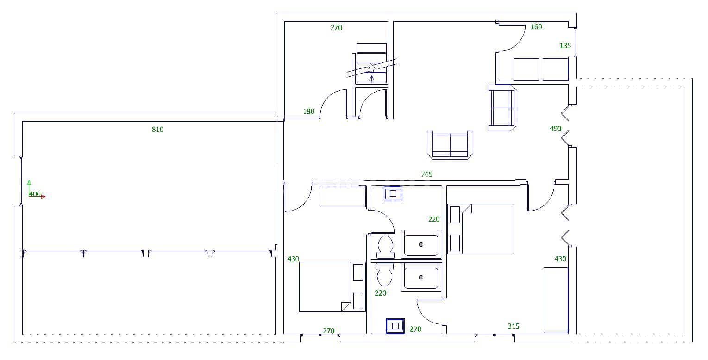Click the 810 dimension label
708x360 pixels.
coord(157,130)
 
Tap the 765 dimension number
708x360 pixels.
coord(426,174)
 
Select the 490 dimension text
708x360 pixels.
coord(555,129)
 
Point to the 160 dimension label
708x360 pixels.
coord(536,27)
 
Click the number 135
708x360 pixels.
coord(565,46)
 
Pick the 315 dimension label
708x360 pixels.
coord(513,326)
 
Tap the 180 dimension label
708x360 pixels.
coord(308,112)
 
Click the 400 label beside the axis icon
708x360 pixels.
coord(35,194)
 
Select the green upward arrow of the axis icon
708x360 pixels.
coord(29,183)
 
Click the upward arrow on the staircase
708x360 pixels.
coord(371,77)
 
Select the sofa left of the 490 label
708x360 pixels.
coord(502,108)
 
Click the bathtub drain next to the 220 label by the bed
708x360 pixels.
coord(421,244)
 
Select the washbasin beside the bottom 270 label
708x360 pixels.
coord(395,325)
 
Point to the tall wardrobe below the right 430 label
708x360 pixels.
coord(555,300)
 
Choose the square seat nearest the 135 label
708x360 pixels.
coord(555,69)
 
